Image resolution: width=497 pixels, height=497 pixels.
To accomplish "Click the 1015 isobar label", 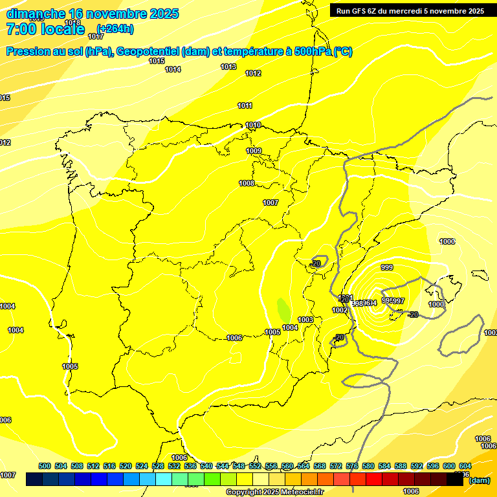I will click(x=156, y=61).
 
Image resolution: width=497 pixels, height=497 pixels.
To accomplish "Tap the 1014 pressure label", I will click(x=173, y=69).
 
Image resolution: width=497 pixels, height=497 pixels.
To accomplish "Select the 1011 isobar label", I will click(x=245, y=105).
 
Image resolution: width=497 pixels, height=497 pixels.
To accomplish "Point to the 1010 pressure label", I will click(x=253, y=125).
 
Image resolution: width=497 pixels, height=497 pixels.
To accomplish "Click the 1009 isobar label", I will click(x=254, y=151).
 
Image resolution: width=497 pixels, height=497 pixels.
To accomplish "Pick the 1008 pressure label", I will click(x=247, y=183).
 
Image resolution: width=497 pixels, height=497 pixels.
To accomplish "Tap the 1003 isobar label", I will click(x=305, y=320).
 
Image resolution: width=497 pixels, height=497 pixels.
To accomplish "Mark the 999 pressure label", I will click(x=387, y=267).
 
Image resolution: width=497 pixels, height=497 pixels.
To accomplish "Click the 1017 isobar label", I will click(x=96, y=37).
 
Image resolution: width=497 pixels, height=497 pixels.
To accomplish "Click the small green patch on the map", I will click(x=284, y=310).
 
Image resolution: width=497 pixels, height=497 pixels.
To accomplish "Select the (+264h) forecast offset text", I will click(x=115, y=28).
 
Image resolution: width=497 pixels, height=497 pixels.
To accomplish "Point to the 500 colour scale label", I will click(x=45, y=467).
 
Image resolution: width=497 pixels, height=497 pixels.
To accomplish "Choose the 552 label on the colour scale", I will click(x=255, y=467).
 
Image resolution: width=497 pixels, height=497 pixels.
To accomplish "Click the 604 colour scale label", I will click(x=465, y=467).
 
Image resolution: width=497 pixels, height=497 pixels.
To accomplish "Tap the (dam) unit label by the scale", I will click(x=480, y=480).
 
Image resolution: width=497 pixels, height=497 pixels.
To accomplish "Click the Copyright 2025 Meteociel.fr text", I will click(x=274, y=492).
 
